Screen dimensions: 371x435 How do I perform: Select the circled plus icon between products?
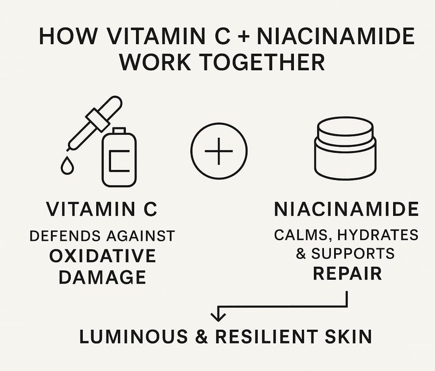[219, 152]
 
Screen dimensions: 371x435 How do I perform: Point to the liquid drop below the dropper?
[67, 165]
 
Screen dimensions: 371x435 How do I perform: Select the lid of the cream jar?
[344, 134]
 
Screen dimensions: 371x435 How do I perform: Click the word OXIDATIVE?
[102, 255]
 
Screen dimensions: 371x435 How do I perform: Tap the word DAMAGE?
[102, 277]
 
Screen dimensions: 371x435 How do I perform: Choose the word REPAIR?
[347, 274]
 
